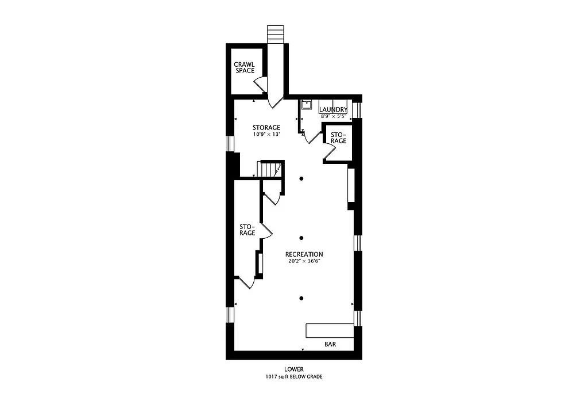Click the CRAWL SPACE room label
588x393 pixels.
244,67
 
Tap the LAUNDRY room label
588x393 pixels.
333,109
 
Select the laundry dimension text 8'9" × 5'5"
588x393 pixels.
333,116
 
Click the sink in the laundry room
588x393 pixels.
306,105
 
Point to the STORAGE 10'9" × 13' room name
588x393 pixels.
266,127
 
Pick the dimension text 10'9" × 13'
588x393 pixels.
266,134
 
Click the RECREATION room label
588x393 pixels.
304,254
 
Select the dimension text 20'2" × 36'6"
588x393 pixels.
304,261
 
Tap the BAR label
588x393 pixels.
330,344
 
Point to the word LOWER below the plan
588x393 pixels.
293,369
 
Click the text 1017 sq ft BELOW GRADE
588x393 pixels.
293,377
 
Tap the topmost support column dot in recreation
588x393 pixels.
301,178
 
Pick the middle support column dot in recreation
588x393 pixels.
301,238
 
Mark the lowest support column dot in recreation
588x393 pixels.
301,297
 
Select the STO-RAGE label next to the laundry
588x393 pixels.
338,138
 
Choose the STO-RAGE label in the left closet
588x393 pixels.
247,230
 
